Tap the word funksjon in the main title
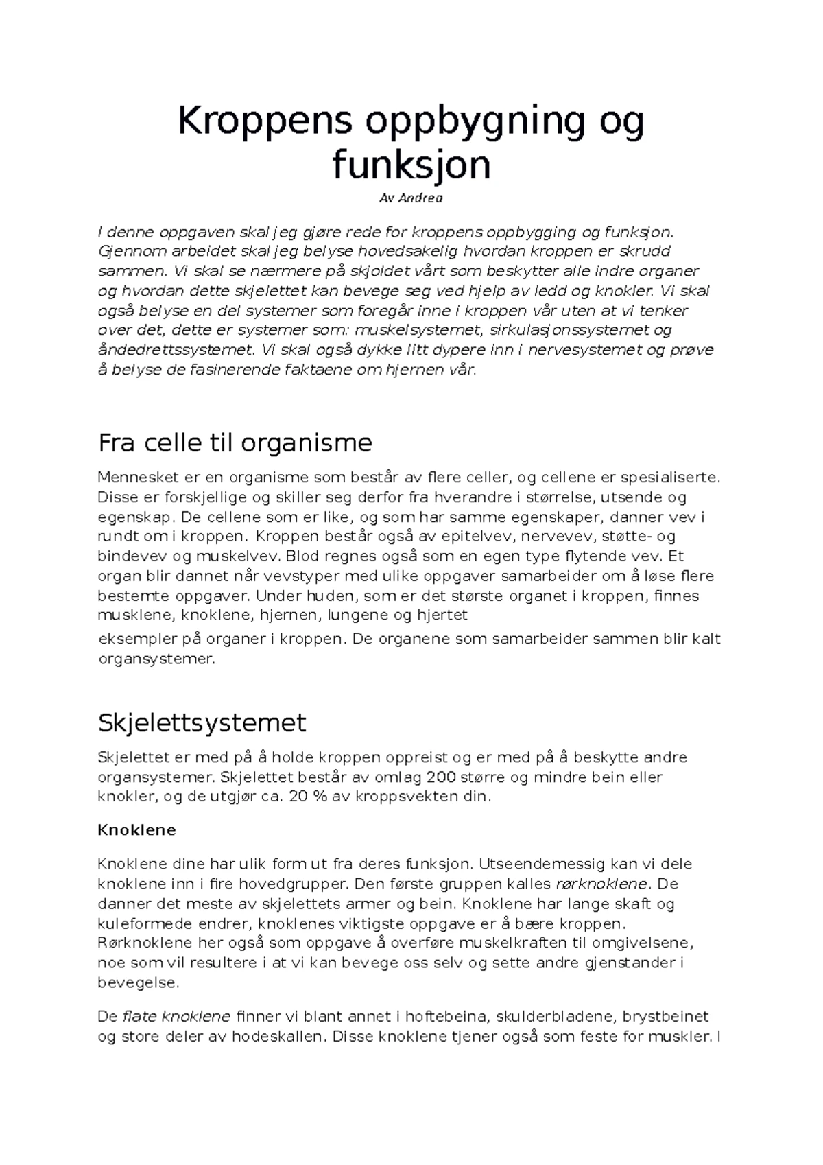tap(411, 165)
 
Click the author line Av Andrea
tap(411, 198)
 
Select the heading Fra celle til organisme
tap(235, 443)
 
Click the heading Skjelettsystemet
tap(202, 723)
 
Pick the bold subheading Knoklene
tap(136, 830)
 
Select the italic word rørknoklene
tap(599, 884)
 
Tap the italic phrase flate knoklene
tap(176, 1016)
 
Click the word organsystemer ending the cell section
tap(156, 659)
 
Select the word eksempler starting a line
tap(139, 639)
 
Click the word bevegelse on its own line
tap(139, 982)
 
